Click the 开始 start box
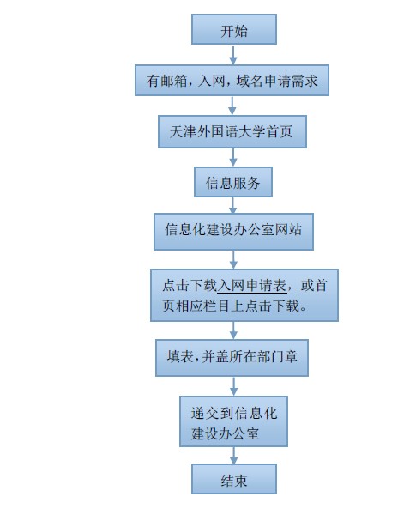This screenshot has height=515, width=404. (234, 29)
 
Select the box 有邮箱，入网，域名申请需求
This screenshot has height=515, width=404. (232, 81)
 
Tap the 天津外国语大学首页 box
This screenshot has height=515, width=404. (232, 131)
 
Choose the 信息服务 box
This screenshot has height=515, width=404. (233, 182)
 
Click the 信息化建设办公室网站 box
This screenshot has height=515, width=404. (233, 232)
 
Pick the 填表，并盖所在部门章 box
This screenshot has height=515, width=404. (232, 358)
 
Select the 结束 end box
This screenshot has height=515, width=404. (234, 479)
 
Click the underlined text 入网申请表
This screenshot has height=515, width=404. (252, 285)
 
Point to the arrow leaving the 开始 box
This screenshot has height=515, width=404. (233, 55)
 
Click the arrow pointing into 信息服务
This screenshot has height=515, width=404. (233, 157)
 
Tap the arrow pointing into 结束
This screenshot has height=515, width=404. (233, 456)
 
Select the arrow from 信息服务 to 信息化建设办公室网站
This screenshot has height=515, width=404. (233, 205)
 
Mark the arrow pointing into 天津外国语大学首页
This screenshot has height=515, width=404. (232, 106)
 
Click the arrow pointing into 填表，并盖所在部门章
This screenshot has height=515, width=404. (233, 330)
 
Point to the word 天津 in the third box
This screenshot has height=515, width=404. (183, 131)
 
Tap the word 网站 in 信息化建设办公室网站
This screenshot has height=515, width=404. (288, 229)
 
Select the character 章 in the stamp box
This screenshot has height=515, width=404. (291, 356)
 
